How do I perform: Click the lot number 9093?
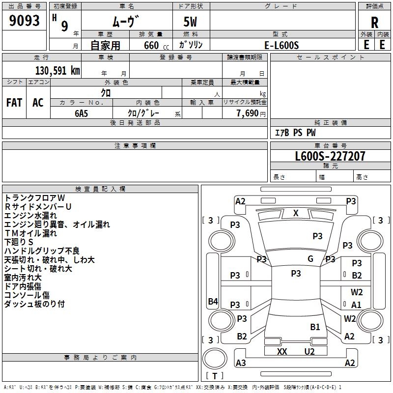(x=25, y=21)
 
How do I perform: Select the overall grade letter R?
(x=374, y=22)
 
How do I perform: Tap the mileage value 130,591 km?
(x=57, y=71)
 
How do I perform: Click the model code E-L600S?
(x=281, y=45)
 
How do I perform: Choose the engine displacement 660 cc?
(x=151, y=46)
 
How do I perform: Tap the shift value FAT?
(x=14, y=103)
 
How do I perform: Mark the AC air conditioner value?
(x=38, y=103)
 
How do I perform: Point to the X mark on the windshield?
(x=296, y=213)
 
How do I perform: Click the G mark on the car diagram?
(x=310, y=259)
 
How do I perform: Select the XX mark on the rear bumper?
(x=282, y=352)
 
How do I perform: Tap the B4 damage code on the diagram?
(x=213, y=302)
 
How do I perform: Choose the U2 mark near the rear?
(x=309, y=352)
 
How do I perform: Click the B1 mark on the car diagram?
(x=315, y=327)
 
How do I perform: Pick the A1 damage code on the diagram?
(x=356, y=305)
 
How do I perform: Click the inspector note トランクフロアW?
(x=34, y=197)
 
